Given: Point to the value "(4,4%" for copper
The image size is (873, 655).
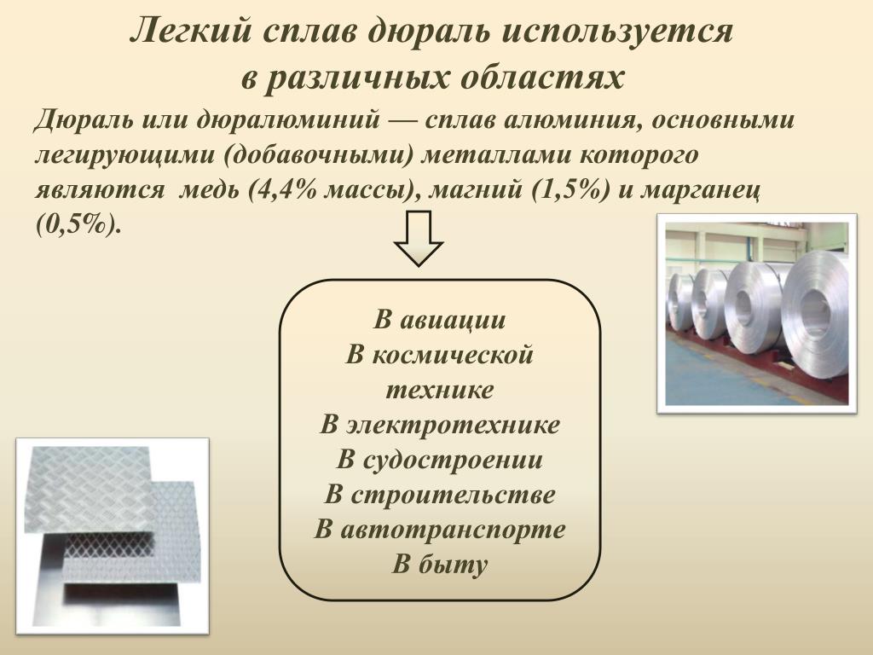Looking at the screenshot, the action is [283, 190].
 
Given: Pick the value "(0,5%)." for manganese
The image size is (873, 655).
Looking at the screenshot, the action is [78, 225].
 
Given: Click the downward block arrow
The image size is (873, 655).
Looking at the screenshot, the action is [419, 238].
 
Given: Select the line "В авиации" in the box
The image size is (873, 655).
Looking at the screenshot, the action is [440, 320].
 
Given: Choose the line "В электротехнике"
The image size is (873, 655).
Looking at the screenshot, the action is [440, 425].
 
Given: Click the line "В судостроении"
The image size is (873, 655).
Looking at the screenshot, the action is [440, 460].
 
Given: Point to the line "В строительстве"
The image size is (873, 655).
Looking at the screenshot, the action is [440, 495].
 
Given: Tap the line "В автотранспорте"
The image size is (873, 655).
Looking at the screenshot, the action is [440, 529].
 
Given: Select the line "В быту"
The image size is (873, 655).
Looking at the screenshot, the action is [440, 564].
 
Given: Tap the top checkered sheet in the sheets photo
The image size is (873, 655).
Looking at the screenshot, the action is [89, 489].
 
